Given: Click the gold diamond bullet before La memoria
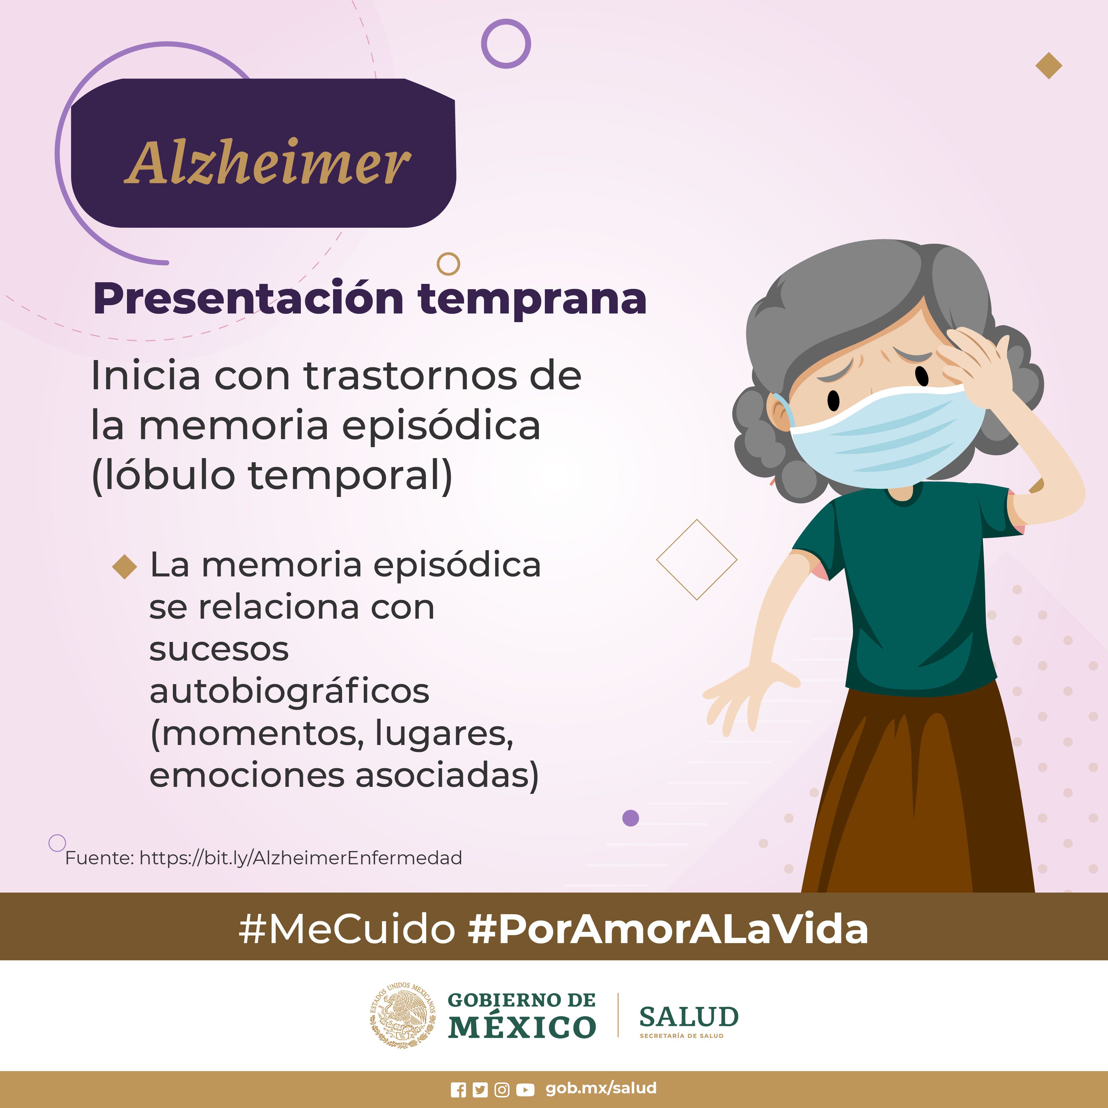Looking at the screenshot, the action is (124, 566).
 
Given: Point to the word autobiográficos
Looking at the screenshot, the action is (289, 691).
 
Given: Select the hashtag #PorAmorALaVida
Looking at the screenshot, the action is (668, 928).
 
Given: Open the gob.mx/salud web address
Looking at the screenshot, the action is (601, 1088).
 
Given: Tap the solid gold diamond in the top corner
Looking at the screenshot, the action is (1049, 65).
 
